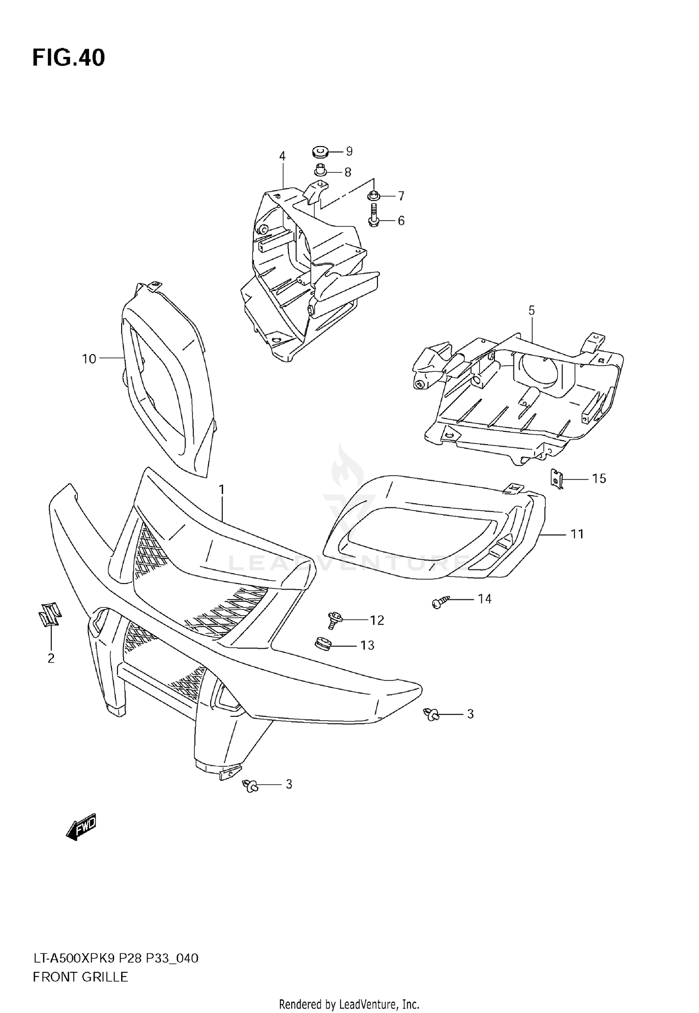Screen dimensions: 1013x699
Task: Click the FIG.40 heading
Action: point(69,58)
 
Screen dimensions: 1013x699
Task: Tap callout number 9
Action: point(349,151)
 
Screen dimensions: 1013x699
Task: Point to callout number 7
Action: point(401,196)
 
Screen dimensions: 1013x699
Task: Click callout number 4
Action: point(282,156)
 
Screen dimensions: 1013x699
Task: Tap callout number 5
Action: point(532,310)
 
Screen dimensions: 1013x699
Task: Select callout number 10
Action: point(89,359)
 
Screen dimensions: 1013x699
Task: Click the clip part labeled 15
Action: point(557,479)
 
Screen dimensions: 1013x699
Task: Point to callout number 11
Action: point(577,534)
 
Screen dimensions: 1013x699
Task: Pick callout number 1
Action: point(222,489)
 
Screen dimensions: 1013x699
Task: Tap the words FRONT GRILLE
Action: point(80,977)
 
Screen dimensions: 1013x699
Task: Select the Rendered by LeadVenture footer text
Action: point(349,1004)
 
